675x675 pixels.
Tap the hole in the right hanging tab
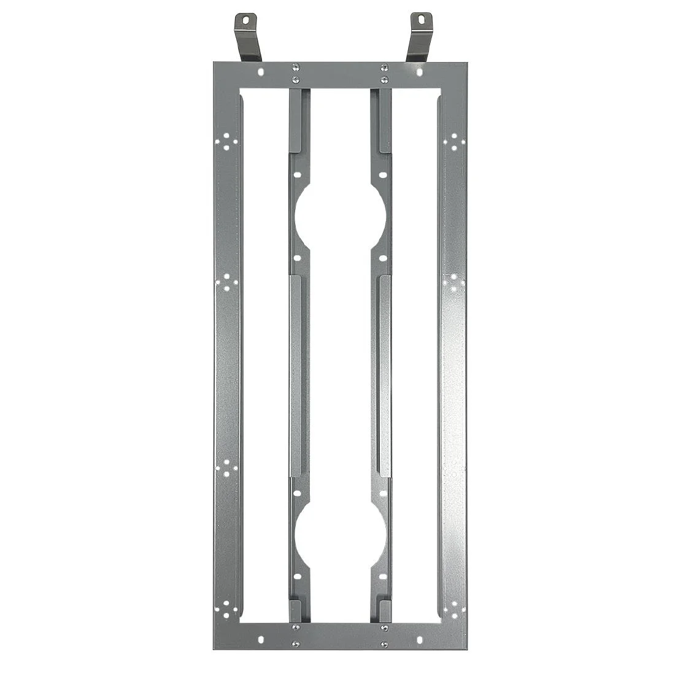point(421,20)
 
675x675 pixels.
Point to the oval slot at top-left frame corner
point(261,72)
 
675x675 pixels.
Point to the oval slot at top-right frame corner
point(419,72)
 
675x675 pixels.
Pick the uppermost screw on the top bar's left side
point(296,67)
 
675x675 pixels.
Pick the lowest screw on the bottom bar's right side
point(384,644)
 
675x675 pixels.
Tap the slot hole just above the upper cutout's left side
point(297,175)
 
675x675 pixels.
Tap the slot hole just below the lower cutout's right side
point(384,576)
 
